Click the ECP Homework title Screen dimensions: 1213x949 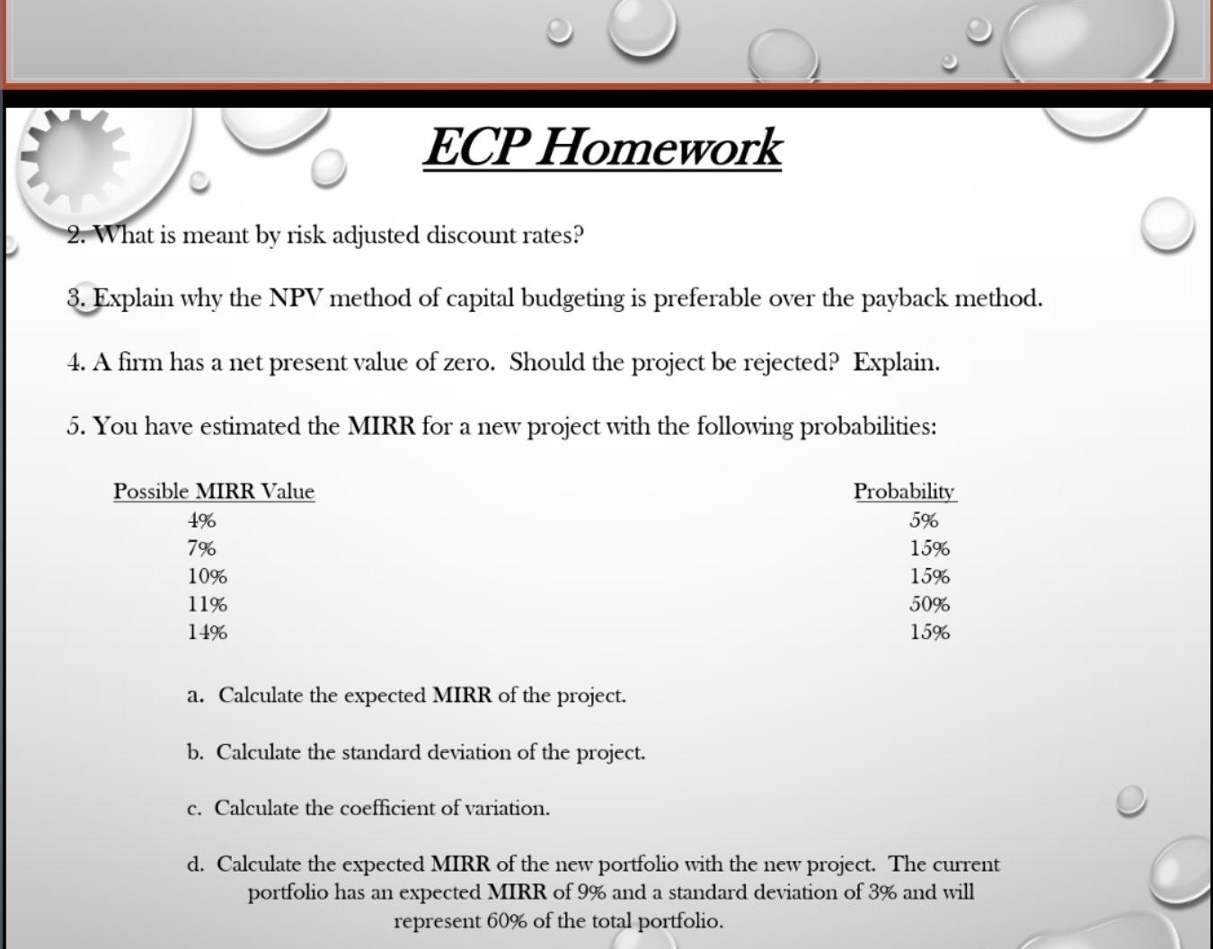pyautogui.click(x=602, y=147)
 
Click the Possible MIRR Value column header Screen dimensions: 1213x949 pyautogui.click(x=214, y=492)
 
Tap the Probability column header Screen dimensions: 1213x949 pyautogui.click(x=904, y=492)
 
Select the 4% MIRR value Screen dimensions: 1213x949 pyautogui.click(x=201, y=520)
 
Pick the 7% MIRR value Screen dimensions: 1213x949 pyautogui.click(x=201, y=548)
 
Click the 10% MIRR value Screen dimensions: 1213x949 pyautogui.click(x=207, y=576)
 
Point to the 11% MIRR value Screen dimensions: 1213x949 pyautogui.click(x=207, y=604)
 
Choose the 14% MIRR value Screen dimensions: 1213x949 pyautogui.click(x=207, y=632)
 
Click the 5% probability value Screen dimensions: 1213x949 pyautogui.click(x=924, y=520)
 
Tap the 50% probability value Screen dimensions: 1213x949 pyautogui.click(x=929, y=604)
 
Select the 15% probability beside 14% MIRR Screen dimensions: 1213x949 pyautogui.click(x=929, y=632)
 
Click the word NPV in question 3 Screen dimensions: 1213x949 pyautogui.click(x=296, y=298)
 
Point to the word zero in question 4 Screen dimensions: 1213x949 pyautogui.click(x=468, y=363)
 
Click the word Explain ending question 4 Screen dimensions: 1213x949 pyautogui.click(x=896, y=363)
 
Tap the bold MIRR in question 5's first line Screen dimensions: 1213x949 pyautogui.click(x=381, y=426)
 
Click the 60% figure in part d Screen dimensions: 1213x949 pyautogui.click(x=507, y=921)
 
